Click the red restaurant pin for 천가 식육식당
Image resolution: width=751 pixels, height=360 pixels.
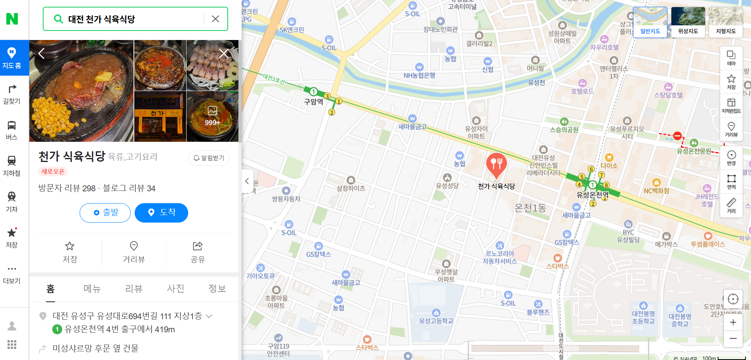496,164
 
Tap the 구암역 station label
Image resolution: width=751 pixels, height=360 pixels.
313,102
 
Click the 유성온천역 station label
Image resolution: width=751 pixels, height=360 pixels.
592,194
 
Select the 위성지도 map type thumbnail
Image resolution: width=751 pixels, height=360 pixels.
688,22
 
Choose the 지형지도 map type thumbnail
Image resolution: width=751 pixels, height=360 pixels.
726,22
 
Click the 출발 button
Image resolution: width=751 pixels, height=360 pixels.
105,213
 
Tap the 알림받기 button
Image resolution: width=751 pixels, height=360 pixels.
209,158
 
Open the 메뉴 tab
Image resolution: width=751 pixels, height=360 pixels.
92,289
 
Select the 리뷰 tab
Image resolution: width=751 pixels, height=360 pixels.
133,289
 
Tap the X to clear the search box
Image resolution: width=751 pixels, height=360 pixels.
215,19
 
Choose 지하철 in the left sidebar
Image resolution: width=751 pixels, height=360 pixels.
11,166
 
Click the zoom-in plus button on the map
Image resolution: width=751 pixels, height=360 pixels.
733,322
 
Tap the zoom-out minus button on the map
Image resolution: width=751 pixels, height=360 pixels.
733,339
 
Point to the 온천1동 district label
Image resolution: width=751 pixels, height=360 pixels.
530,208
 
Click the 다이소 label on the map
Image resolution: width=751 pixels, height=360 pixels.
609,166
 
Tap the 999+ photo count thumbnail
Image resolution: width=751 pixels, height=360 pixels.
212,116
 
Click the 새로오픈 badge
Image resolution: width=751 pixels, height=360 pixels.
53,171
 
